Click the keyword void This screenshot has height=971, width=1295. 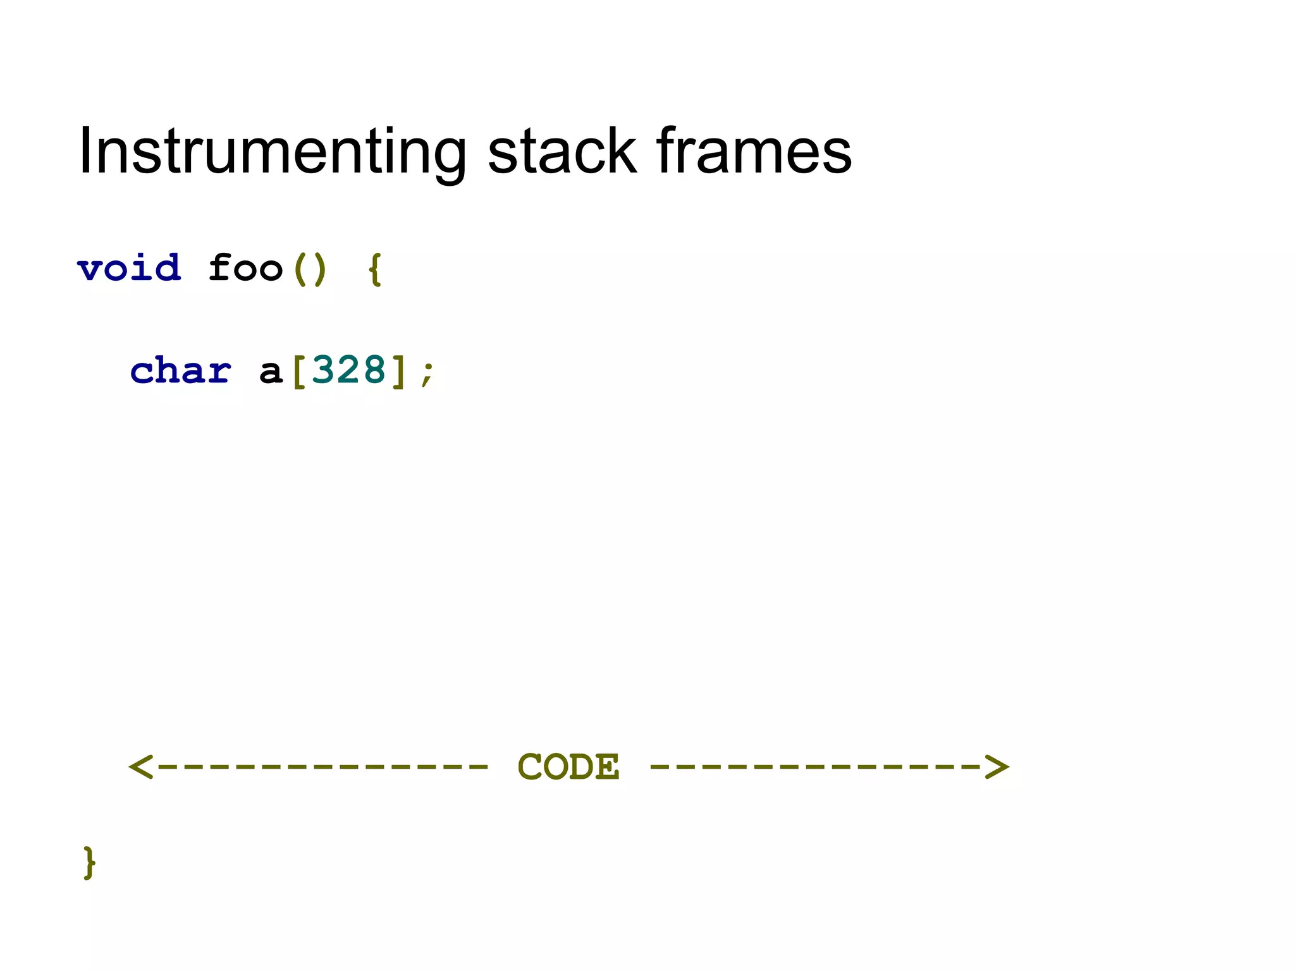tap(130, 269)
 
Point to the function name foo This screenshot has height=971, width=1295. tap(245, 269)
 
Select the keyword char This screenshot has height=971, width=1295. tap(181, 370)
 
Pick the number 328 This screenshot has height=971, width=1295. tap(348, 370)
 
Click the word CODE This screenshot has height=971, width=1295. tap(568, 767)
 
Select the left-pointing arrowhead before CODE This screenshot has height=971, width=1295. tap(141, 767)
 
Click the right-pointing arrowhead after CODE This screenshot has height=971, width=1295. tap(997, 767)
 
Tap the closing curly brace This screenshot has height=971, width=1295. tap(89, 862)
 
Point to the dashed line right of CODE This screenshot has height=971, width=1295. tap(816, 767)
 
